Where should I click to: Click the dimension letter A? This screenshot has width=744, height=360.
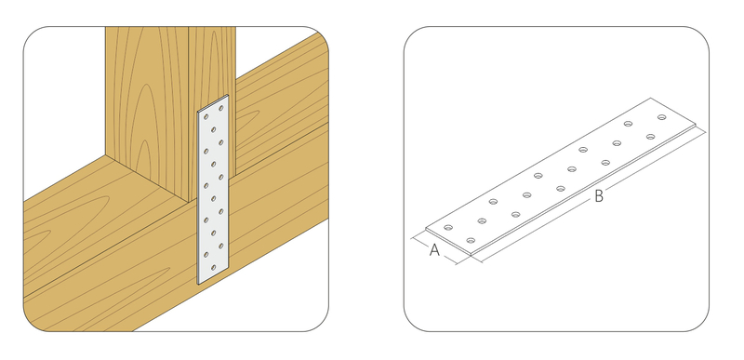click(434, 250)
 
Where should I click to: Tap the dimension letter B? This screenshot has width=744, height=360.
click(599, 196)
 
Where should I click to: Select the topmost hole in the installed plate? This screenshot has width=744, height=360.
click(221, 108)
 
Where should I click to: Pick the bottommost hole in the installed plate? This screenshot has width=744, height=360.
click(214, 268)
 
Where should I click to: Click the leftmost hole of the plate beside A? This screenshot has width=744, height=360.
click(448, 228)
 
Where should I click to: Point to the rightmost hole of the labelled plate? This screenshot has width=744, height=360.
click(662, 117)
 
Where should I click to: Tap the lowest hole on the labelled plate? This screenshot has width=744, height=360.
click(471, 241)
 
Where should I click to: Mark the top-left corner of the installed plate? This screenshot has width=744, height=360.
click(198, 112)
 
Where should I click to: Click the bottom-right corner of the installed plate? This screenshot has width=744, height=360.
click(229, 267)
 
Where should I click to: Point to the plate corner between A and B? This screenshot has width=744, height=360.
click(471, 254)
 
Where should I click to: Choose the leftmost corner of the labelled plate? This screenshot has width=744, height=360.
click(426, 229)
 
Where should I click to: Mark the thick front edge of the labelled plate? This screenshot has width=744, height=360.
click(583, 191)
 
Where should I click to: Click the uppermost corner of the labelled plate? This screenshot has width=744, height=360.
click(650, 99)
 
